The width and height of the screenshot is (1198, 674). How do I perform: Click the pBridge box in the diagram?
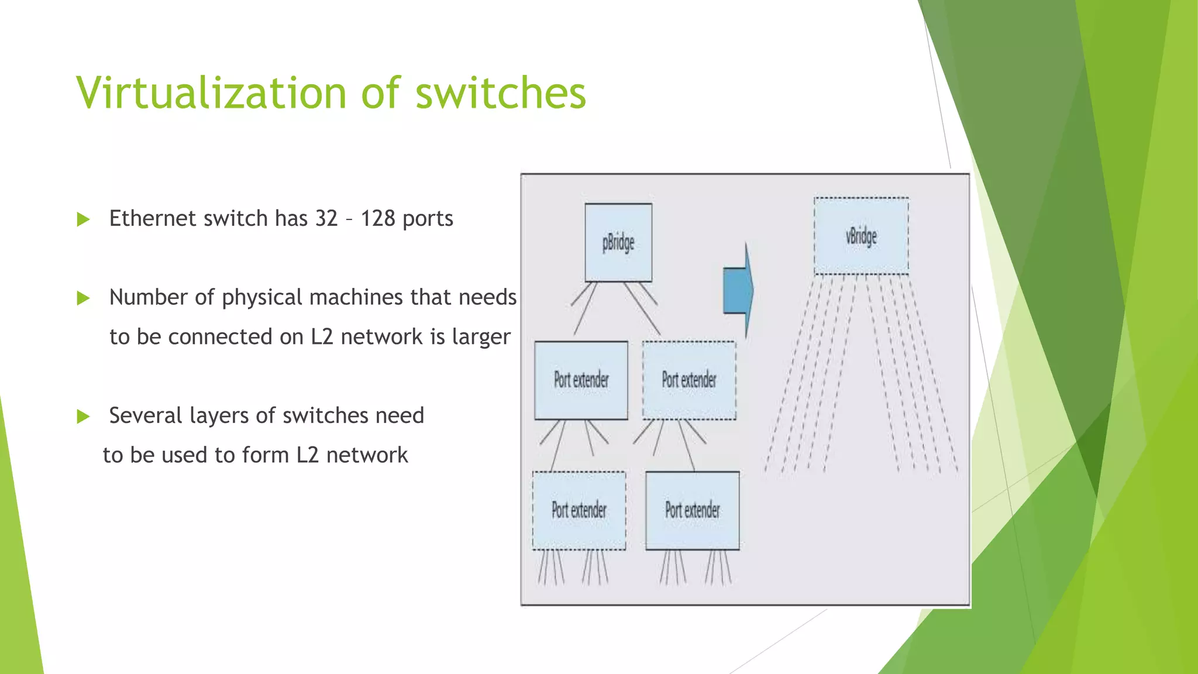tap(618, 242)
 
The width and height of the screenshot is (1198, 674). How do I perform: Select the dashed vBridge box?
tap(861, 236)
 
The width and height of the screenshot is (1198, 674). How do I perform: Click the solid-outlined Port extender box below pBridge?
tap(581, 380)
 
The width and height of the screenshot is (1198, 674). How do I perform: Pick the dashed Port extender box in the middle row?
tap(689, 380)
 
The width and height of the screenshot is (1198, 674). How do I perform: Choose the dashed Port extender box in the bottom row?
tap(579, 510)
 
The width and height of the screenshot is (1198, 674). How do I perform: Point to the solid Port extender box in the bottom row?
tap(693, 510)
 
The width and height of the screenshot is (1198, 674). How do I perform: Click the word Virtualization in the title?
tap(212, 94)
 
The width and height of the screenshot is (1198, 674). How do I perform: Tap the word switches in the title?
tap(501, 94)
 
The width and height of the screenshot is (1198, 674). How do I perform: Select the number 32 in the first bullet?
tap(326, 219)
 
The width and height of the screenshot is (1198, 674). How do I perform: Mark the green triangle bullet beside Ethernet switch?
tap(84, 220)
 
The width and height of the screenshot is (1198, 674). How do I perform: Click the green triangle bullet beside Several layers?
tap(84, 417)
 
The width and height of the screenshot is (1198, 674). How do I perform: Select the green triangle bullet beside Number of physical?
tap(84, 299)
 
